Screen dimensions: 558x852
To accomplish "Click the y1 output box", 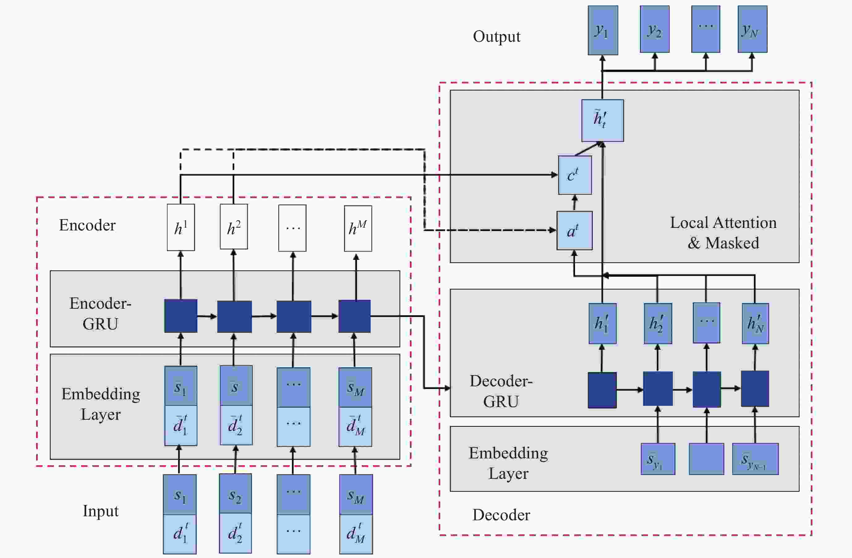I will click(603, 30).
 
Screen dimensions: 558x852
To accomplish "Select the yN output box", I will click(752, 29).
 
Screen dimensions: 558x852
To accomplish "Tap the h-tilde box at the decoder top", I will click(602, 120).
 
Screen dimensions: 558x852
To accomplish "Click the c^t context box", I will click(575, 175).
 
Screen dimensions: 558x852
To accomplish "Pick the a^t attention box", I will click(574, 230).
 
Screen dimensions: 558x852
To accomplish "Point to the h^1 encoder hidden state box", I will click(181, 227).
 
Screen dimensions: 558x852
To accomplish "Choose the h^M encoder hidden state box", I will click(358, 228).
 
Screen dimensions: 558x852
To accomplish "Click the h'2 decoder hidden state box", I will click(658, 324).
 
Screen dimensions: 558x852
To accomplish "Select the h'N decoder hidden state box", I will click(755, 324).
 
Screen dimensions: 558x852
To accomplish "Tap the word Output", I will click(496, 36).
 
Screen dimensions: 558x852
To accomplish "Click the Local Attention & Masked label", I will click(723, 233).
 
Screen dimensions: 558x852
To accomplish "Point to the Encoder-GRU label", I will click(100, 313).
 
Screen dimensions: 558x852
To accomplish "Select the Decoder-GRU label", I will click(501, 391).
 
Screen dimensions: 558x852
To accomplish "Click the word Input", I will click(100, 511).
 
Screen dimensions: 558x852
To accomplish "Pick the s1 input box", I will click(180, 495).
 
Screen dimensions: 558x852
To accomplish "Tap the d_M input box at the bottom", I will click(356, 534).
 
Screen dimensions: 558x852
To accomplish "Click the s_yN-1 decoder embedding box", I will click(755, 459).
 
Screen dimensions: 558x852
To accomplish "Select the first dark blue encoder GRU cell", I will click(181, 316).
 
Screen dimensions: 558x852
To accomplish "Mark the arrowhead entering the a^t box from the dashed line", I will click(553, 230).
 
